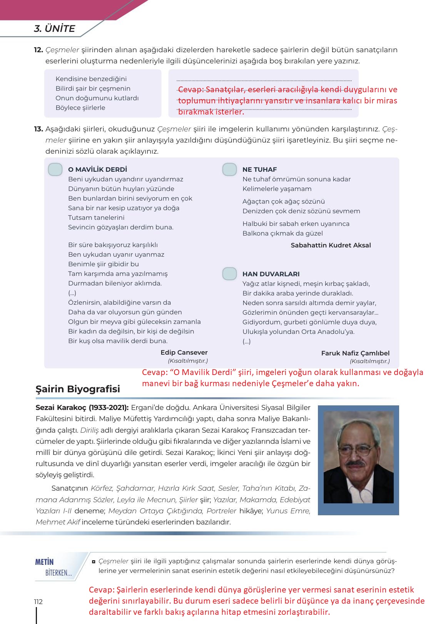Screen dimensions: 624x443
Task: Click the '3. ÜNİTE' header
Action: (54, 28)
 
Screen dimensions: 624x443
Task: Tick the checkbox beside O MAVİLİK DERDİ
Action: (55, 169)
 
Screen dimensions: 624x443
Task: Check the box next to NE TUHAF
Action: (229, 169)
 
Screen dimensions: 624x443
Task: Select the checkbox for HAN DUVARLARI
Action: (229, 274)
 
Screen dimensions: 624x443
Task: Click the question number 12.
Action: (38, 50)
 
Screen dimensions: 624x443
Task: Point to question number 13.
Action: (38, 129)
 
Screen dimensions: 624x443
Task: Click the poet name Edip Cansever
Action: (184, 352)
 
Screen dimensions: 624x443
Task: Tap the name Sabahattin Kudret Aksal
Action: (331, 245)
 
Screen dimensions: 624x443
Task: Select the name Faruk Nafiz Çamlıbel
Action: (355, 353)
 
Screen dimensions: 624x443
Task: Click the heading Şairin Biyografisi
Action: (78, 389)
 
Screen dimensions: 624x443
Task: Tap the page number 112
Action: (38, 602)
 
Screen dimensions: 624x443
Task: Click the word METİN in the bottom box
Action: (44, 562)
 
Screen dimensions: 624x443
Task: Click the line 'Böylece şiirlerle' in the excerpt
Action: (80, 108)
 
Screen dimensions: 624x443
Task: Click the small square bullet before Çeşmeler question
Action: (94, 561)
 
